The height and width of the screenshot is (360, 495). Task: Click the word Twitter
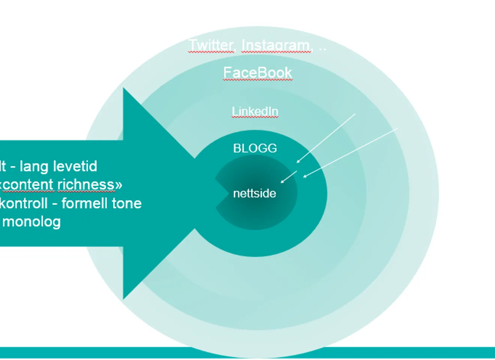(x=211, y=45)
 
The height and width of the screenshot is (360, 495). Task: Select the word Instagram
(x=276, y=45)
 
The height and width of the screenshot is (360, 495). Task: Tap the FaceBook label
(x=258, y=72)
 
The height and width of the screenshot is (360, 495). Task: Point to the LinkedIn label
(x=255, y=111)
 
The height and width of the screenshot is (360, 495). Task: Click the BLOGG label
(x=255, y=148)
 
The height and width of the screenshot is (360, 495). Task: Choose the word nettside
(x=255, y=193)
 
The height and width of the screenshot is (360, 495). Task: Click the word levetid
(x=77, y=166)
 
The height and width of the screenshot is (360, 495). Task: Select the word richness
(x=90, y=184)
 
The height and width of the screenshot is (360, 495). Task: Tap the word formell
(x=83, y=203)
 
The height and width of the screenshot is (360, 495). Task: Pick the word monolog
(x=31, y=222)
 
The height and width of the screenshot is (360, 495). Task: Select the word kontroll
(x=24, y=203)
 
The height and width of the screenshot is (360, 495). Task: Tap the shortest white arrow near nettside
(x=289, y=177)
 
